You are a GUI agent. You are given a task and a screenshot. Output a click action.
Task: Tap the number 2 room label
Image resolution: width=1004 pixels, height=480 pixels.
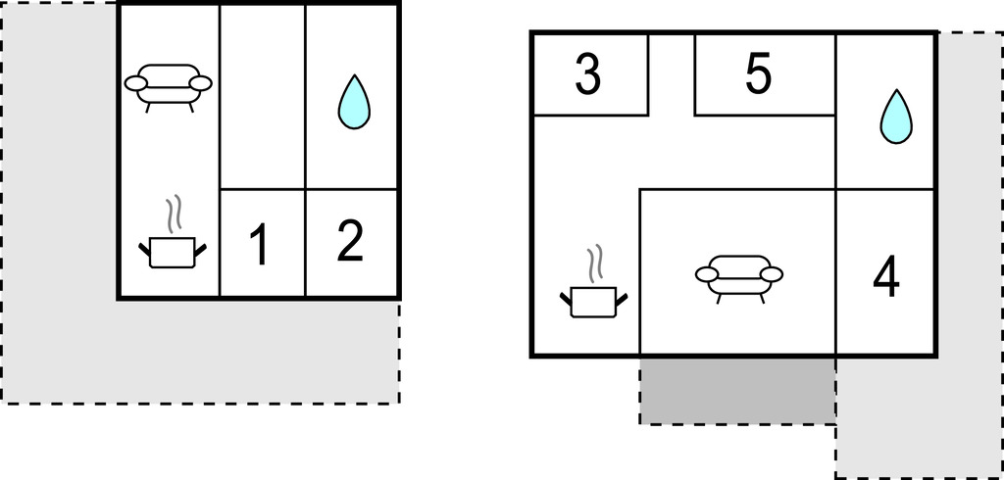(x=350, y=241)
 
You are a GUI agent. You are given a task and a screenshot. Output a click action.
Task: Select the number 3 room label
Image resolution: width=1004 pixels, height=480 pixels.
(x=588, y=74)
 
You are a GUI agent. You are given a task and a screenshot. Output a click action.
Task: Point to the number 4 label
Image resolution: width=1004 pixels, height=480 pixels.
(x=886, y=277)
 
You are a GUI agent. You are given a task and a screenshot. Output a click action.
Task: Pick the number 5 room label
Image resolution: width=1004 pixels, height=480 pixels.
(x=758, y=74)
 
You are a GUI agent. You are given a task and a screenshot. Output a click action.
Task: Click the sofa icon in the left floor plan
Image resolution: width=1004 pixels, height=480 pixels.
(x=169, y=88)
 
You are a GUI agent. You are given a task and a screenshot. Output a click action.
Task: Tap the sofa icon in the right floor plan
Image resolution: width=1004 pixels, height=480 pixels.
(x=739, y=279)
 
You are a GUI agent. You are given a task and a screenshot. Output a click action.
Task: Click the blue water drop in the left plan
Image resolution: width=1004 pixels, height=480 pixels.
(x=354, y=103)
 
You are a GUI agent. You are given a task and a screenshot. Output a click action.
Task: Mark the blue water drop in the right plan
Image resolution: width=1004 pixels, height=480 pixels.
(x=896, y=118)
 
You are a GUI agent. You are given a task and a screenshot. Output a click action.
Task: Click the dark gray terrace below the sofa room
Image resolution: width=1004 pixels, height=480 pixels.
(x=737, y=390)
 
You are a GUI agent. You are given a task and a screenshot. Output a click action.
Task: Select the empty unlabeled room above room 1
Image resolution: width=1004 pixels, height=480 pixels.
(x=263, y=97)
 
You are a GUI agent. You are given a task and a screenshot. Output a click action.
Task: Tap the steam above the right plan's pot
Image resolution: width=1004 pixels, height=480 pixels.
(x=595, y=264)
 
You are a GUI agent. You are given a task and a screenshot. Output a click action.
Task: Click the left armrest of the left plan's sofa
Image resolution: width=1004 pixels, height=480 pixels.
(x=135, y=83)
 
